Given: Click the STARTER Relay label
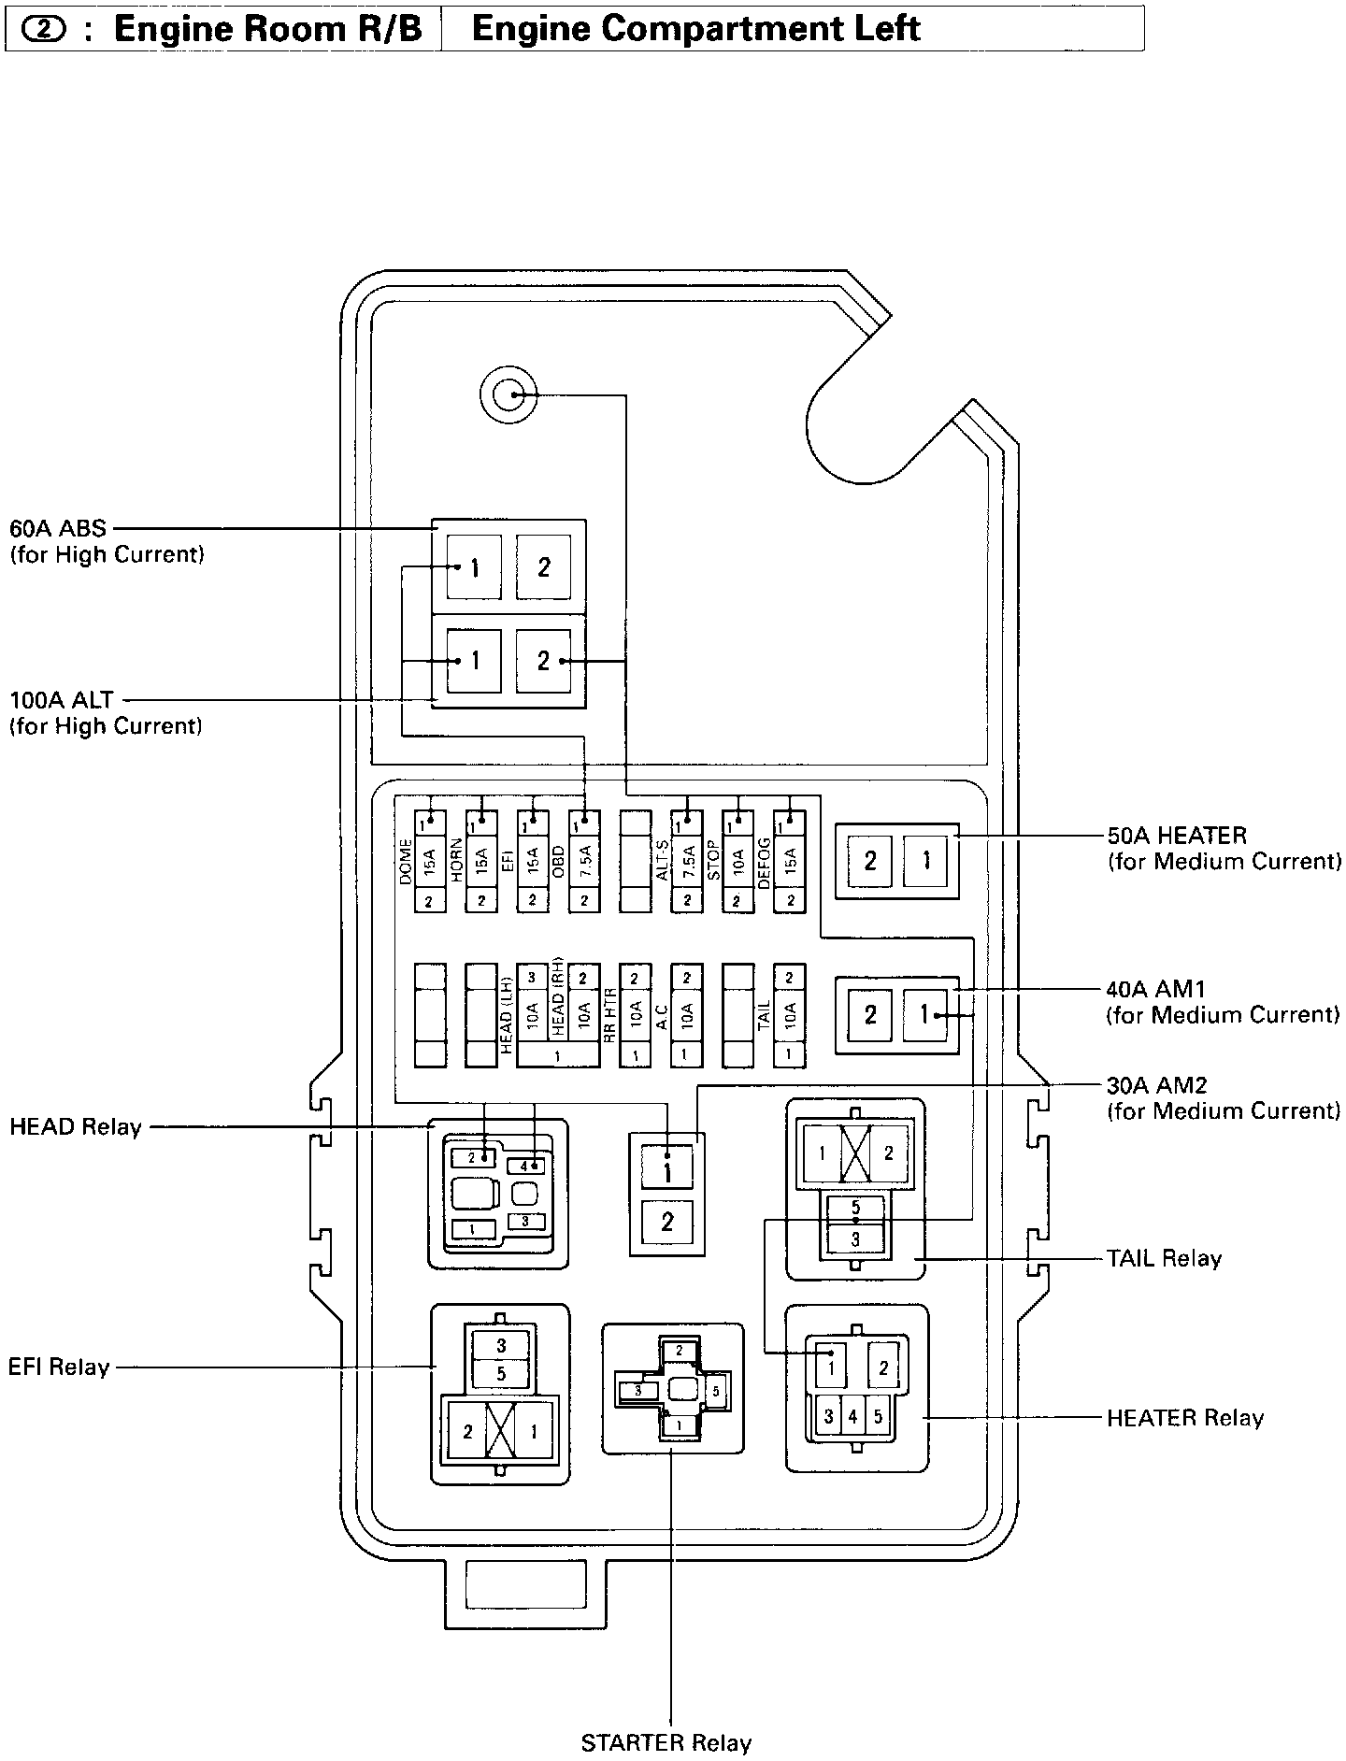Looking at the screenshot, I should (666, 1742).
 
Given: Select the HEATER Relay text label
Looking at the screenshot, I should (1184, 1418).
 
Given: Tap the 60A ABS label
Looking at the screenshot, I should (58, 528).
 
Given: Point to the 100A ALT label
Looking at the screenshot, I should (62, 699).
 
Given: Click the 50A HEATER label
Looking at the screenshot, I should (1176, 835).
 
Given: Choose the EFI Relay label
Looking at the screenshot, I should (59, 1367).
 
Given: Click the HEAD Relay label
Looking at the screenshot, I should (75, 1126).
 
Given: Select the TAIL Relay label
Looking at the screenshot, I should (1164, 1258).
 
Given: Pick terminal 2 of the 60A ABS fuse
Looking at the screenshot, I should (543, 566).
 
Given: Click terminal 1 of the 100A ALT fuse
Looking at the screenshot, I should (474, 661).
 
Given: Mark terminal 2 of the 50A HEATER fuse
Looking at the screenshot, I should (870, 860).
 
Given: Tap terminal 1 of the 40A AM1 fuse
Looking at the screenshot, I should (924, 1014).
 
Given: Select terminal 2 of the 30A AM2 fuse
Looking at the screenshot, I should (666, 1221).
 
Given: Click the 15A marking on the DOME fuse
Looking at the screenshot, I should (430, 861).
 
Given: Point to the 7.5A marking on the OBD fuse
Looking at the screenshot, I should (584, 861).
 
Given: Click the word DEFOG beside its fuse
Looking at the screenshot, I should (764, 863).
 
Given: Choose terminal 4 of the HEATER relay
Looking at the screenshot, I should (852, 1417).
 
